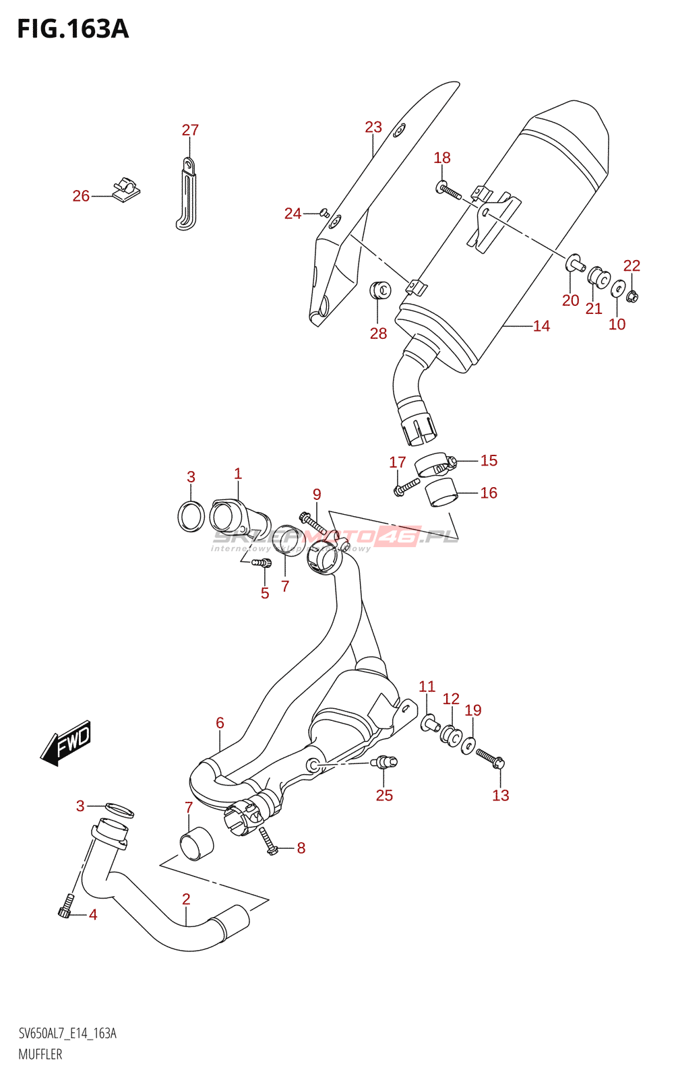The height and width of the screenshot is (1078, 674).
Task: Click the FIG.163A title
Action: (73, 29)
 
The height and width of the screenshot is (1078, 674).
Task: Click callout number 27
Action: (190, 130)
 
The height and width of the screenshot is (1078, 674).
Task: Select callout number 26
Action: (81, 196)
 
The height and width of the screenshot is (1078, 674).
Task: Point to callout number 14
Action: (541, 326)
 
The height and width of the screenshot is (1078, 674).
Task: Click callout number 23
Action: (373, 127)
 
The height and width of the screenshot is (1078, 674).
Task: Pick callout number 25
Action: (384, 796)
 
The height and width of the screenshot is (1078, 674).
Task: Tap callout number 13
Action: (500, 796)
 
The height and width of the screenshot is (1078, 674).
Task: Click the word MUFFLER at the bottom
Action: (40, 1054)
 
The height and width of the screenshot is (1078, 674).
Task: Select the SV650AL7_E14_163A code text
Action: (67, 1034)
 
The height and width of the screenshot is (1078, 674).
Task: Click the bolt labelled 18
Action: (449, 191)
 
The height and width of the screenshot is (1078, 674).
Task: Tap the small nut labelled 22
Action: (632, 296)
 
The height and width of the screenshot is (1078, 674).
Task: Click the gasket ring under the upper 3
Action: (191, 516)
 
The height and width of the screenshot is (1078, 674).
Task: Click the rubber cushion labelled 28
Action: (381, 290)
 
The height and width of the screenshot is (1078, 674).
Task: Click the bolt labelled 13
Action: (490, 759)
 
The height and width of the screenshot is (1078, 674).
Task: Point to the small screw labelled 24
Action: (324, 213)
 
